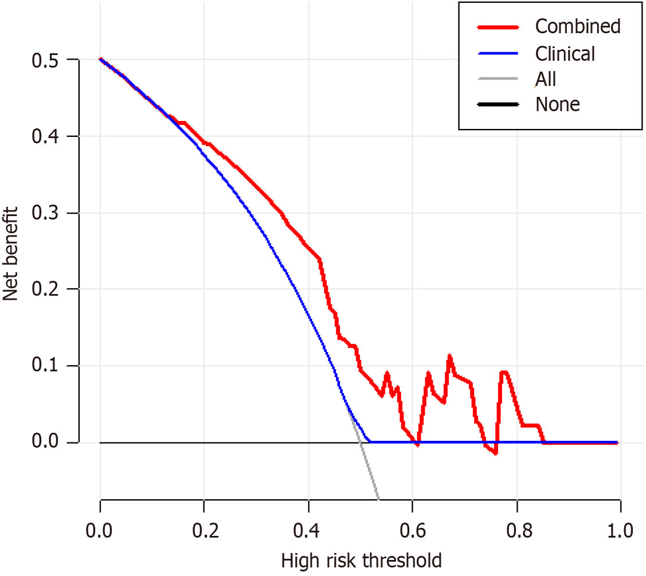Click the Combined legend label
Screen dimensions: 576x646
[577, 26]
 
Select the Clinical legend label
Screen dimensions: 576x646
[565, 53]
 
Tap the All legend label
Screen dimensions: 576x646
[546, 79]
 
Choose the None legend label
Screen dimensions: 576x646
[557, 104]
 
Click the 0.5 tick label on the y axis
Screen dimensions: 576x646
[48, 60]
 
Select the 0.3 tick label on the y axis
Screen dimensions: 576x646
[48, 213]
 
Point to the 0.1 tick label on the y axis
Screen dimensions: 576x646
[48, 366]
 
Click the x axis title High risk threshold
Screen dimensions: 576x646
[361, 560]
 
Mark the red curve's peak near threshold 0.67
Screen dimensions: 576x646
[449, 356]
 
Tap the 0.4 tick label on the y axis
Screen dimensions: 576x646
[48, 136]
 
